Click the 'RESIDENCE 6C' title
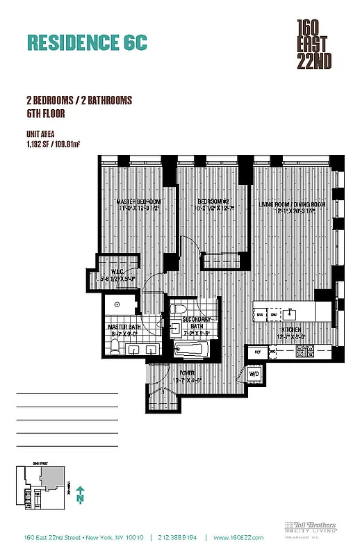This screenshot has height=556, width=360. pos(88,42)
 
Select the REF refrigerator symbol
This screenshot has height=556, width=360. pos(257,353)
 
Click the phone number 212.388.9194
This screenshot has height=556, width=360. pos(177,537)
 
